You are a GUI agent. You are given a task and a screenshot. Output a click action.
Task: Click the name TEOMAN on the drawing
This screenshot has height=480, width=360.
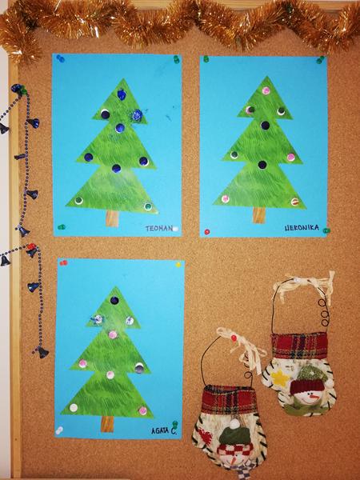click(x=159, y=228)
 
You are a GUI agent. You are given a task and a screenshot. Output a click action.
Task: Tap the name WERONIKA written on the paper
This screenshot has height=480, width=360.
click(x=302, y=227)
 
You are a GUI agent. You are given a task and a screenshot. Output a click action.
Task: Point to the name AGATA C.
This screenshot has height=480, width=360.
click(x=164, y=430)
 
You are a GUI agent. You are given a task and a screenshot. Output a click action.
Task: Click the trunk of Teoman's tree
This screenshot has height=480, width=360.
click(x=112, y=218)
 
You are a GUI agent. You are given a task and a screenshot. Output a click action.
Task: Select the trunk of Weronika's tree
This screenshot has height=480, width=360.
click(x=259, y=215)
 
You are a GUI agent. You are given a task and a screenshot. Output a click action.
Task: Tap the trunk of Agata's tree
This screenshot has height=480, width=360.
click(x=107, y=424)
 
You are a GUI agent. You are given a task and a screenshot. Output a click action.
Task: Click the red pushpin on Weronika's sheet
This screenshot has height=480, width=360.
click(x=207, y=232)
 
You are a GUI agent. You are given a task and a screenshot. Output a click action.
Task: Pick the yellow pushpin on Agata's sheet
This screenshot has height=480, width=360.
click(x=178, y=265)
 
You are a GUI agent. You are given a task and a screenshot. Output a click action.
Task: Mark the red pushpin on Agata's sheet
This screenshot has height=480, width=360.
click(x=63, y=262)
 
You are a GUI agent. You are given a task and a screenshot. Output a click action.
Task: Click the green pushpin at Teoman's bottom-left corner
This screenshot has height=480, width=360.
click(x=62, y=227)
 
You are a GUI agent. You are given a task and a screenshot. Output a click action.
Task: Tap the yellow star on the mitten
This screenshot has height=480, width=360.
click(x=280, y=378)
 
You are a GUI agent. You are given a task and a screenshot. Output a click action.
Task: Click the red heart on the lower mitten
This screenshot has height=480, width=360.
click(x=206, y=437)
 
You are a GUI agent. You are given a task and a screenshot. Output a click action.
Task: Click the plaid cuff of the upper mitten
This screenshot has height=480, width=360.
click(x=299, y=346)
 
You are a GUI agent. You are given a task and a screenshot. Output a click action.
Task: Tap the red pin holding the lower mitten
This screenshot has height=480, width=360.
click(x=234, y=338)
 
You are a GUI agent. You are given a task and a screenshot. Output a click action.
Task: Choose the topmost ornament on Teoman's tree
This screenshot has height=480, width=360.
click(x=122, y=94)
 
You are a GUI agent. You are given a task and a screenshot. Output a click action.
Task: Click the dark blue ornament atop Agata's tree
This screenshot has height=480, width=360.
click(x=114, y=300)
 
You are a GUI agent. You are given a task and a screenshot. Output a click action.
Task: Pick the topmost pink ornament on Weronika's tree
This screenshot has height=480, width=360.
click(x=266, y=90)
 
